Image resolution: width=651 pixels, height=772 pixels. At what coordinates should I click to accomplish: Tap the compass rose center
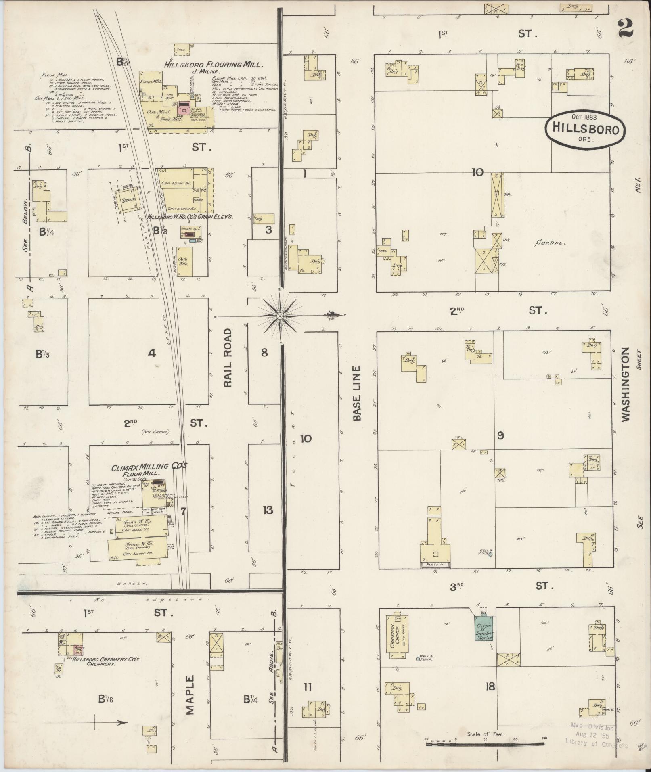tap(280, 315)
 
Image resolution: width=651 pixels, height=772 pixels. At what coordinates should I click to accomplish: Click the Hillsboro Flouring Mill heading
tap(214, 64)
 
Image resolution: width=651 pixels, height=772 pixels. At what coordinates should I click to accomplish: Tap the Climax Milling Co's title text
tap(149, 467)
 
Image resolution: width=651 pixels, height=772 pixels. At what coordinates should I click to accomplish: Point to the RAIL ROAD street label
tap(228, 358)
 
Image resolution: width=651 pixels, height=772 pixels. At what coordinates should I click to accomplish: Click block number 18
tap(490, 686)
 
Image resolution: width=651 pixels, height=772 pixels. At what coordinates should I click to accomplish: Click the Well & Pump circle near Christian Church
tap(418, 659)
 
